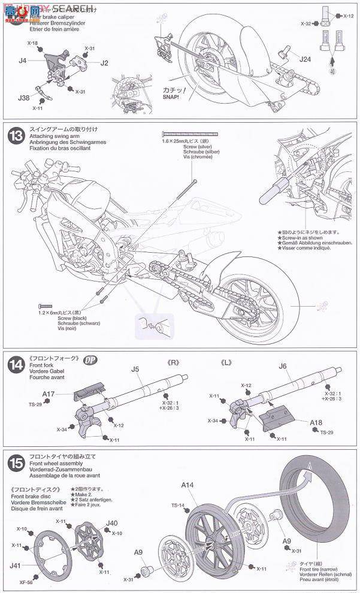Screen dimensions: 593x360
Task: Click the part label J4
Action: click(x=22, y=60)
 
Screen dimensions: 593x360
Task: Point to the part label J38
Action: click(x=23, y=98)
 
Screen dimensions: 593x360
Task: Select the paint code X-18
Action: click(x=32, y=44)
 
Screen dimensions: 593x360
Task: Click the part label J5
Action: click(x=135, y=370)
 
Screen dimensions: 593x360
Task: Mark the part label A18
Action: click(x=316, y=422)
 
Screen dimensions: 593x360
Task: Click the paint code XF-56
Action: click(x=25, y=580)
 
